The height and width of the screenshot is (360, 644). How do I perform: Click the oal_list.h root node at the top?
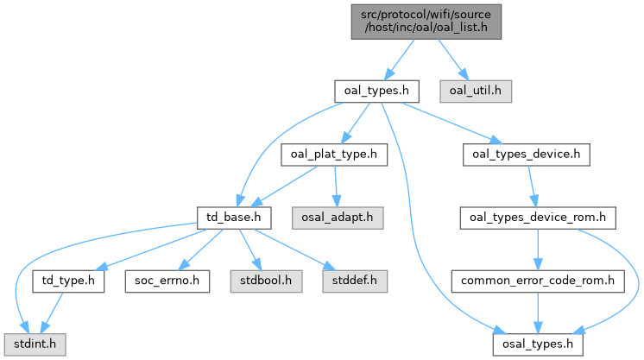pos(426,22)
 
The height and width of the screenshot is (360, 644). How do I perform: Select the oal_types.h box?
pos(376,92)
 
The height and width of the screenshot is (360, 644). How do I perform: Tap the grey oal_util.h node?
pos(476,92)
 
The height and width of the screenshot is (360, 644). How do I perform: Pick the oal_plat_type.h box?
pos(334,155)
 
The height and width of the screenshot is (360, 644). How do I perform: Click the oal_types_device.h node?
pos(526,155)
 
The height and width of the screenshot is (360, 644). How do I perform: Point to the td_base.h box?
pos(234,218)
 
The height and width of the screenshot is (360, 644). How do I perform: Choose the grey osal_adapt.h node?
pos(338,218)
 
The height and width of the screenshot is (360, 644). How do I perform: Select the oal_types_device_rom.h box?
pos(538,218)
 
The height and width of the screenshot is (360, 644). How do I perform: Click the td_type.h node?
pos(68,281)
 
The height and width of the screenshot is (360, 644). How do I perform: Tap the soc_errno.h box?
pos(167,281)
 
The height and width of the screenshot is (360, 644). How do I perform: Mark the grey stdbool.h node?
pos(266,281)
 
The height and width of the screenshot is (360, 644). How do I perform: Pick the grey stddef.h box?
pos(355,281)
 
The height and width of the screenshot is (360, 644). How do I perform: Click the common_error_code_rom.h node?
pos(538,281)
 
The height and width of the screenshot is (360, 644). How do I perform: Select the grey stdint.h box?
pos(35,344)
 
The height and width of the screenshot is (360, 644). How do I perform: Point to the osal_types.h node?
pos(538,344)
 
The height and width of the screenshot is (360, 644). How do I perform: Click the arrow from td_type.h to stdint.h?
pos(52,313)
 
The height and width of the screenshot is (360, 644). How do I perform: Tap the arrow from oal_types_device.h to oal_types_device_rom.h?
pos(532,186)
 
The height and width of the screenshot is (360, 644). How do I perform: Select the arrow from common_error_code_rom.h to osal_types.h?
pos(538,313)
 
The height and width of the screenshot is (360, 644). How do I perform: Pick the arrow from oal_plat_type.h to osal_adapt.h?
pos(336,186)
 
